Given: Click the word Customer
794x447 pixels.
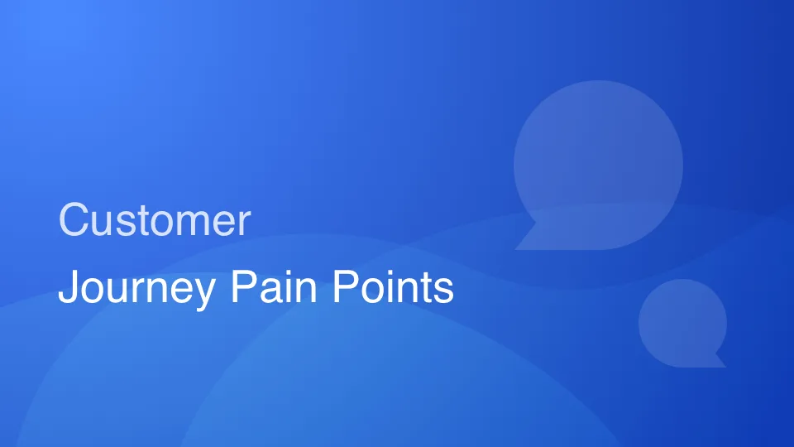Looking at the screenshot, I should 155,221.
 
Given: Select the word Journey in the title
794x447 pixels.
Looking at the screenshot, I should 136,290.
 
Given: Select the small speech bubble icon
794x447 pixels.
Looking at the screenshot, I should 682,321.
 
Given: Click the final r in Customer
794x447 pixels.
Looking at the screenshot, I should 245,223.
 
